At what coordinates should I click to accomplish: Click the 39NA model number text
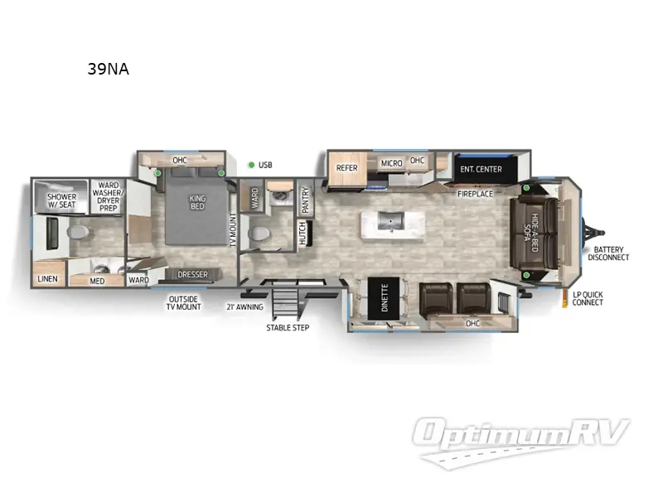[108, 70]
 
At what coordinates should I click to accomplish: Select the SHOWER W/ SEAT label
[61, 202]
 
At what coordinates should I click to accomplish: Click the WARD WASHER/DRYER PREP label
[108, 196]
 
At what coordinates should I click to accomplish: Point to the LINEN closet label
[48, 279]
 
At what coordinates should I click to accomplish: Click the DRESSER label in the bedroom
[191, 275]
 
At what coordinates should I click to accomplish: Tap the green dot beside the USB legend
[250, 165]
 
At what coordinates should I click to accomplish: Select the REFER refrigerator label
[346, 168]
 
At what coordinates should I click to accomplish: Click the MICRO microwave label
[391, 163]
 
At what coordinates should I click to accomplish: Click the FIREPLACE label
[475, 194]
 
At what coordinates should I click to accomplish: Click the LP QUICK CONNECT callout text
[588, 298]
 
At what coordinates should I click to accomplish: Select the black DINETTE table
[383, 298]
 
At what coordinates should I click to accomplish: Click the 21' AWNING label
[244, 306]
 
